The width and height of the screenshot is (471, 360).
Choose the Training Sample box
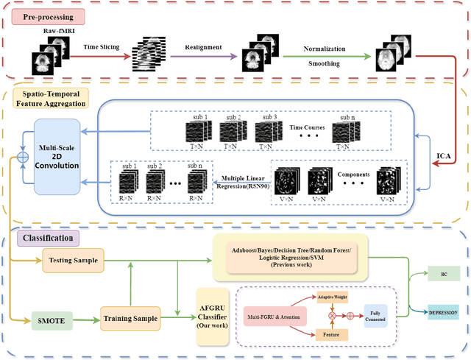(130, 318)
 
